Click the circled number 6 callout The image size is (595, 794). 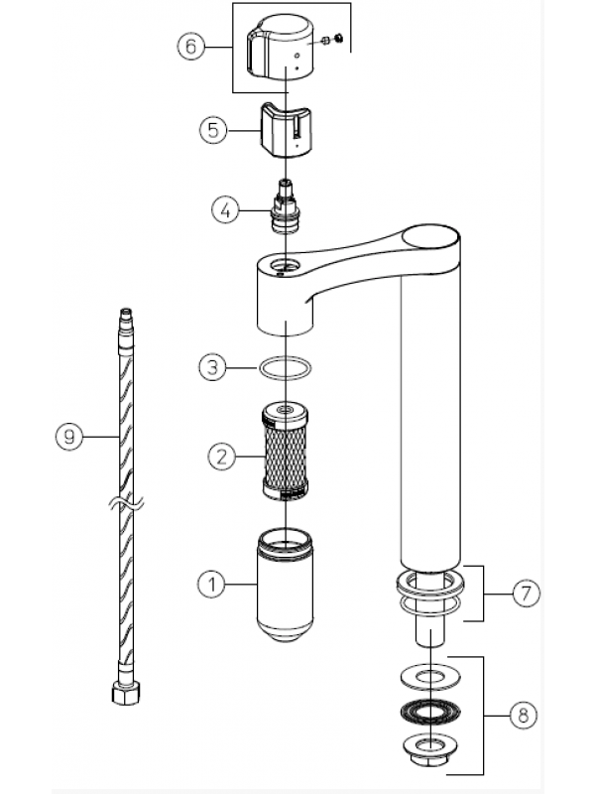pos(190,47)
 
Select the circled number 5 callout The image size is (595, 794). pos(213,130)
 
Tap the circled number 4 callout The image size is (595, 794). pos(225,209)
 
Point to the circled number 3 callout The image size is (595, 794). pos(212,366)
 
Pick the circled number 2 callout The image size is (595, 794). pos(221,458)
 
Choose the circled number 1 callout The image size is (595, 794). pos(211,585)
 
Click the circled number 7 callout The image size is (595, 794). pos(527,593)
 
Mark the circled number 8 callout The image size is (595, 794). pos(523,715)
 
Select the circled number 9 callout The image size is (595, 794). pos(69,436)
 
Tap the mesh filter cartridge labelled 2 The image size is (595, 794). pos(285,452)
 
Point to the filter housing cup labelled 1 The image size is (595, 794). pos(285,585)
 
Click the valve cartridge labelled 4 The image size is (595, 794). pos(286,206)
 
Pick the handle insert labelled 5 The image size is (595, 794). pos(286,130)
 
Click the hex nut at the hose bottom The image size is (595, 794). pos(126,693)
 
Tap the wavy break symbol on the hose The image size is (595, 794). pos(127,503)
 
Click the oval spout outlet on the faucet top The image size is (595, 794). pos(430,237)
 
